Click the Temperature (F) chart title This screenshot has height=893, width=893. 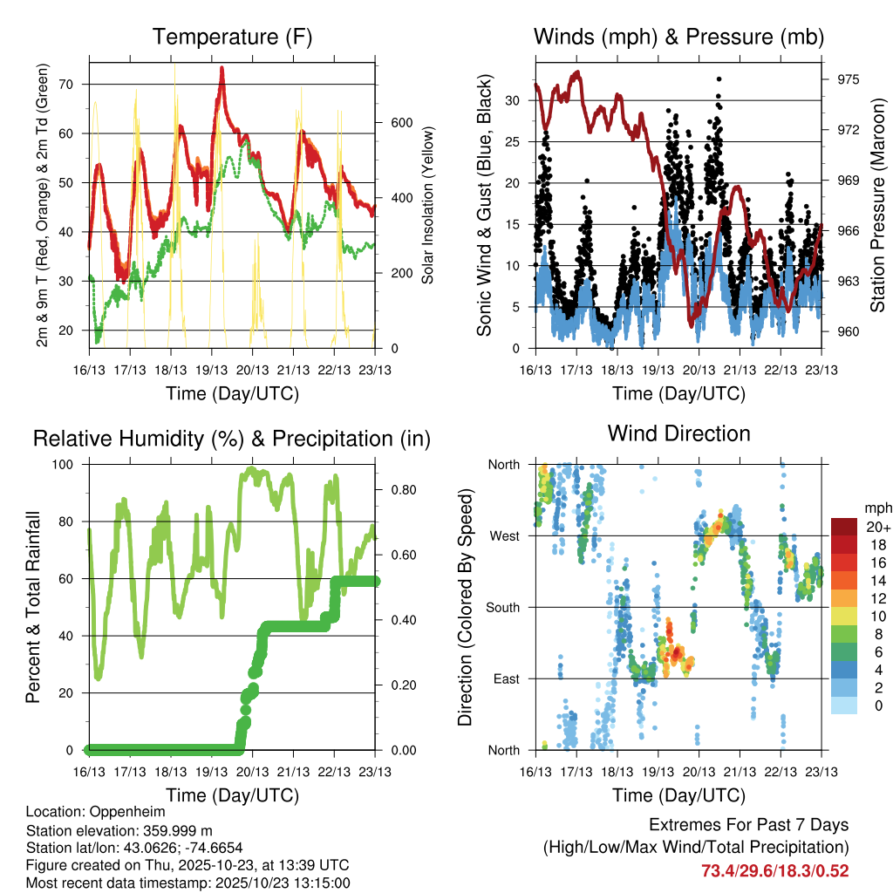click(232, 37)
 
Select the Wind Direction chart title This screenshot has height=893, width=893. click(678, 433)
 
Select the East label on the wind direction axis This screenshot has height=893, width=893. click(504, 678)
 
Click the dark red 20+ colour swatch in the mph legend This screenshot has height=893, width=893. click(843, 527)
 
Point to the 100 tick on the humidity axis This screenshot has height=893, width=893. click(70, 465)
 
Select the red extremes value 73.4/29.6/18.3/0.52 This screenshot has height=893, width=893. click(774, 870)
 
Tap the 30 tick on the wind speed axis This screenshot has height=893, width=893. click(515, 100)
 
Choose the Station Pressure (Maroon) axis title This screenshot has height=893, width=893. click(878, 206)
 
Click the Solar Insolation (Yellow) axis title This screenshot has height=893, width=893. click(428, 206)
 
